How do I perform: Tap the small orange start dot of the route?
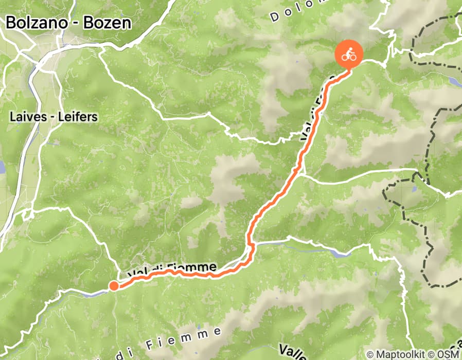pos(114,286)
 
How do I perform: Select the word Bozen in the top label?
pos(108,23)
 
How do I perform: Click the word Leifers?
pos(77,117)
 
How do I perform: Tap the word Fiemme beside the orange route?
pos(196,267)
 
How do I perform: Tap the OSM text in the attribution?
pos(448,354)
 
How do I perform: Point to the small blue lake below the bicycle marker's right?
pos(455,81)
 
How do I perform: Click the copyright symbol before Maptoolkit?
pos(370,354)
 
